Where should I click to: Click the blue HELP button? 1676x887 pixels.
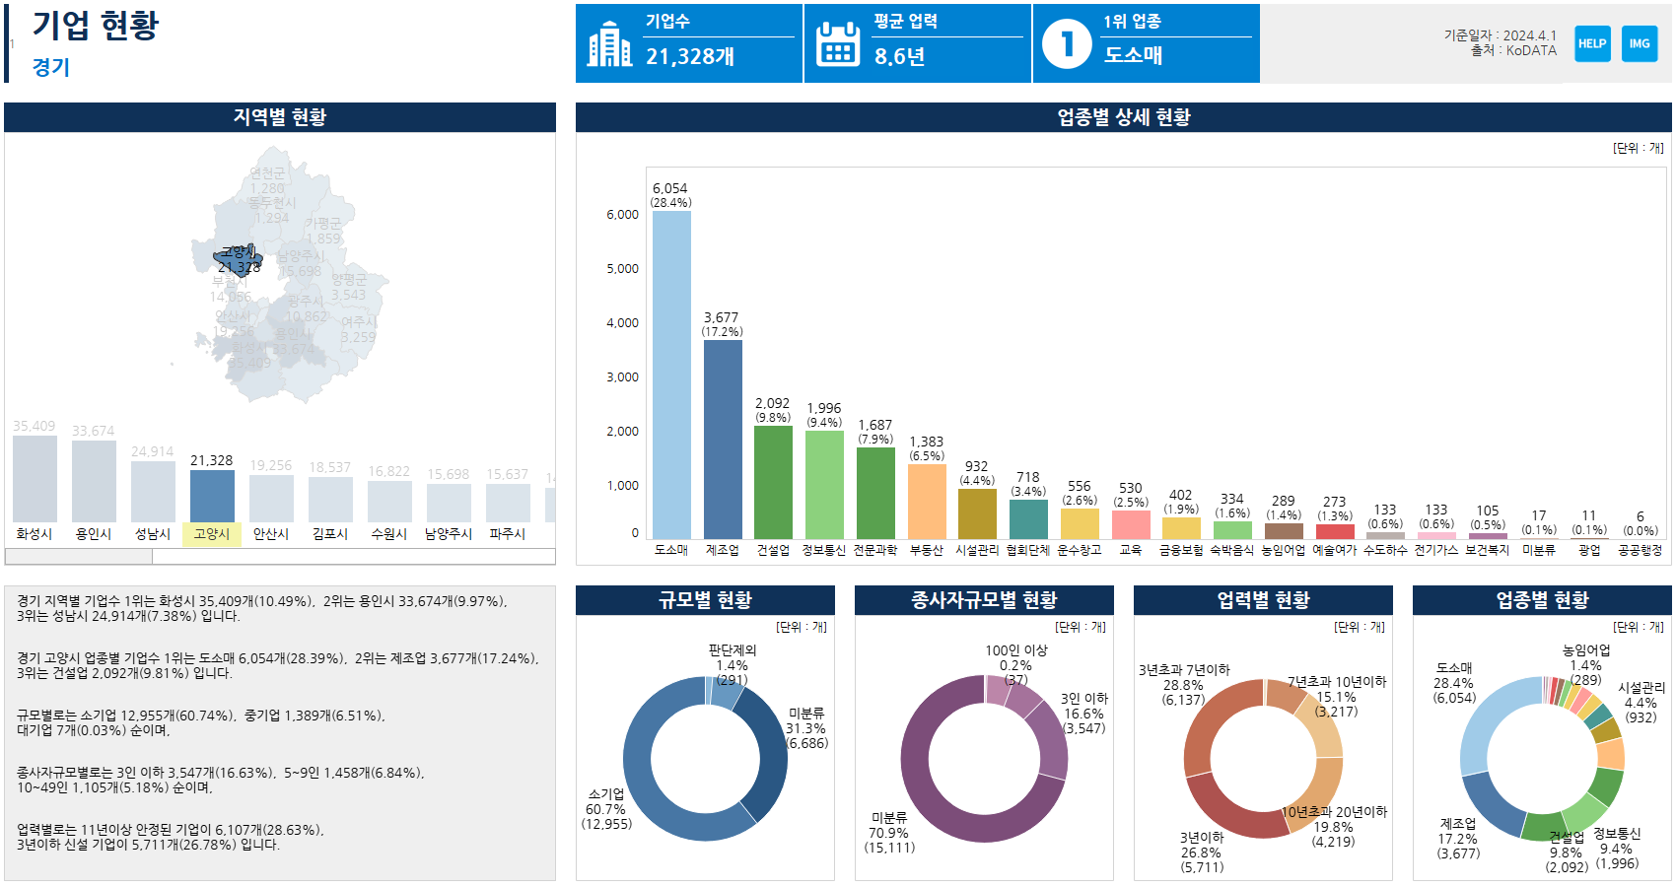click(x=1592, y=43)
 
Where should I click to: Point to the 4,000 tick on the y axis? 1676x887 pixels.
click(x=622, y=323)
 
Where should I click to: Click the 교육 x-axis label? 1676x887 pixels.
click(x=1130, y=550)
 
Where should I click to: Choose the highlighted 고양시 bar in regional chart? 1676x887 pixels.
click(x=212, y=496)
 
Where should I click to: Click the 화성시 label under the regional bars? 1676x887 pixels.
click(x=35, y=534)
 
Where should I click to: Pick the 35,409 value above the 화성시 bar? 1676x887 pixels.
click(x=35, y=426)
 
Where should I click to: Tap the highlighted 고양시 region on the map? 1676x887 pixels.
click(x=238, y=260)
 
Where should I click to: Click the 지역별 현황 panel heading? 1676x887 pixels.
click(x=280, y=117)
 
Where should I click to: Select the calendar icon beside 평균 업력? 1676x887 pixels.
click(x=838, y=44)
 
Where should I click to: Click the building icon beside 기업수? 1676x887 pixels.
click(x=609, y=44)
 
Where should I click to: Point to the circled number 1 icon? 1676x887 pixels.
click(x=1067, y=44)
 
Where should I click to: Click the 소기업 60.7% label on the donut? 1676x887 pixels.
click(x=606, y=809)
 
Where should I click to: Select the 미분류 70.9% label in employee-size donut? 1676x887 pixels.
click(x=889, y=833)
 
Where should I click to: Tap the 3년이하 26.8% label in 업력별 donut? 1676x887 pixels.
click(x=1202, y=853)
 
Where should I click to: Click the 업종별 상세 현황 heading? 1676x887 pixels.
click(x=1124, y=117)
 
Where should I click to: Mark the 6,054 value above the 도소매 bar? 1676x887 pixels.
click(x=670, y=188)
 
